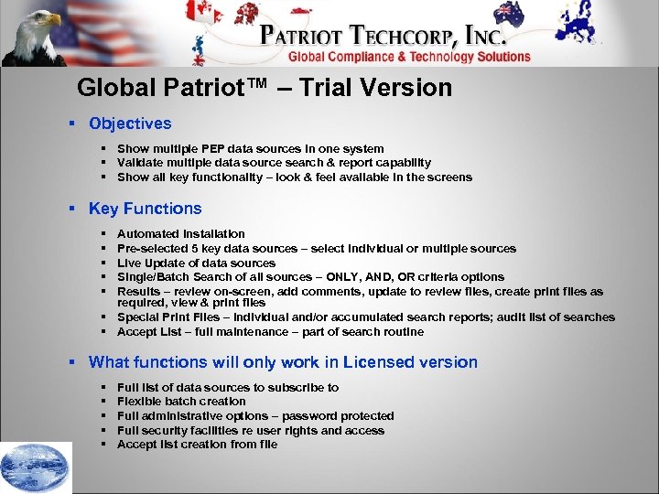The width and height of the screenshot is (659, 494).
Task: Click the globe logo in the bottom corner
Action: click(x=36, y=467)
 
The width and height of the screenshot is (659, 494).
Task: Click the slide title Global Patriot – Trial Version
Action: click(x=265, y=88)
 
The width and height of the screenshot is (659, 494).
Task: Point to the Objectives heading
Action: click(x=130, y=123)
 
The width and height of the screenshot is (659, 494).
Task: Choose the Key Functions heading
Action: click(x=145, y=209)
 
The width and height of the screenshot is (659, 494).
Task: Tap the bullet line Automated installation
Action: click(x=181, y=234)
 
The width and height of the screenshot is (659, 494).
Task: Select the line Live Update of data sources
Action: click(x=196, y=263)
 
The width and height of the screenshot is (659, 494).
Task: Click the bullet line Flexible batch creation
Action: click(x=181, y=401)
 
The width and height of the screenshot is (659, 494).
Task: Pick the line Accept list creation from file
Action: click(x=197, y=444)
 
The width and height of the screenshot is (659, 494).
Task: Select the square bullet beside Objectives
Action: click(x=71, y=123)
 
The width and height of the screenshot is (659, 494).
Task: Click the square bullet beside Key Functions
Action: click(x=71, y=209)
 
